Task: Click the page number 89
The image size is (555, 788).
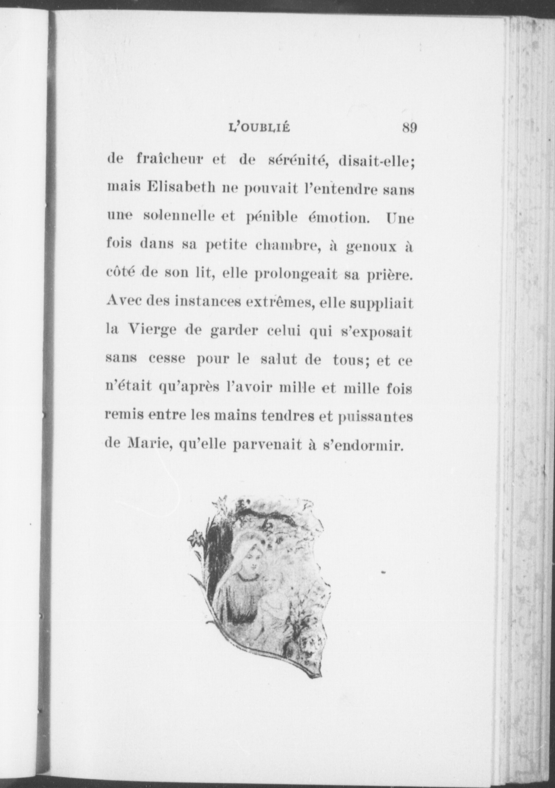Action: pos(409,128)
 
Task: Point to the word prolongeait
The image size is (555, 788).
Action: pos(296,276)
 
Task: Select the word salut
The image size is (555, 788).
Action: pos(275,360)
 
